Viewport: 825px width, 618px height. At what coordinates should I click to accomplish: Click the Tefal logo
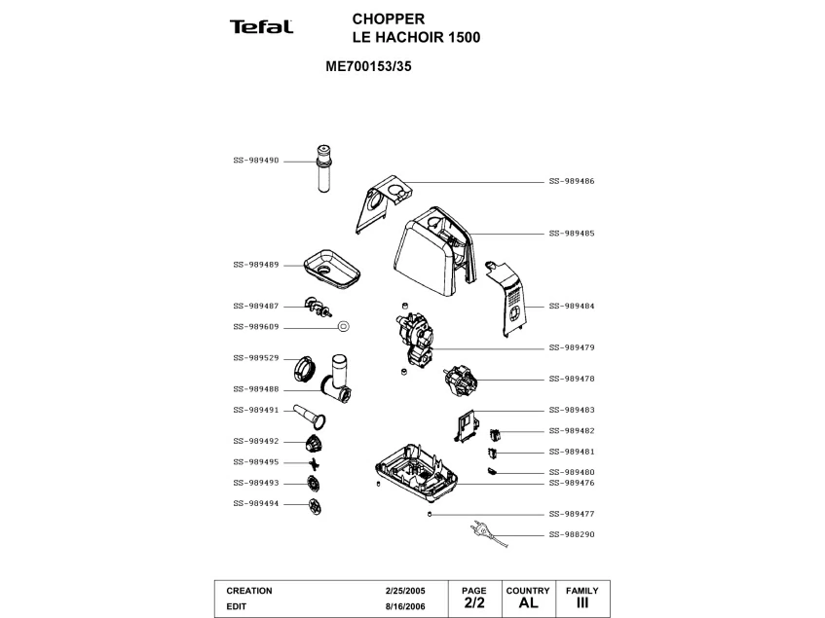tap(261, 27)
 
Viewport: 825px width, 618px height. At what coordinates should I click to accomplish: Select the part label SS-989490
tap(256, 160)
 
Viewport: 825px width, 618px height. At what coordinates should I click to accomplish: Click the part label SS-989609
tap(256, 326)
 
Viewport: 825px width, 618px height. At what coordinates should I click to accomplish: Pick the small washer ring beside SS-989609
tap(344, 326)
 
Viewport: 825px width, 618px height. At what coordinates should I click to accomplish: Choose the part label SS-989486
tap(572, 181)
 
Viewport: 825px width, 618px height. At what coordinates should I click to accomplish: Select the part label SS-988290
tap(572, 534)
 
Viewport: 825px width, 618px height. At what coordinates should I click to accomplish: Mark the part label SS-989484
tap(572, 306)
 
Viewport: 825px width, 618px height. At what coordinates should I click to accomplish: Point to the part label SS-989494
tap(256, 503)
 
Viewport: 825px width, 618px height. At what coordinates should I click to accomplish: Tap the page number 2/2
tap(474, 603)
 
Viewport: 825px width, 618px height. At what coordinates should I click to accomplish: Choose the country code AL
tap(528, 603)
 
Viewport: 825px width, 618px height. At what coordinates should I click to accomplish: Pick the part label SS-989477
tap(572, 513)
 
